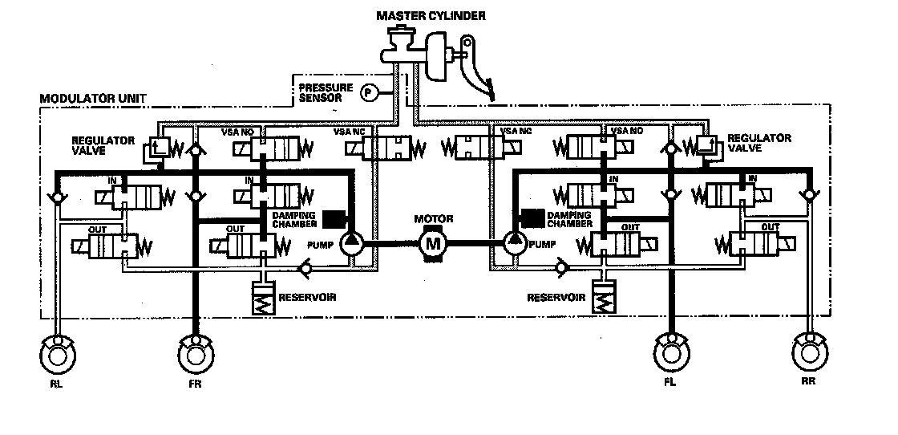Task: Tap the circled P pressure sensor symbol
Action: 369,92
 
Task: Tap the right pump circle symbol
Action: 514,242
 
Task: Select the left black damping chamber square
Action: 334,219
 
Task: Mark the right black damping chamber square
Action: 530,217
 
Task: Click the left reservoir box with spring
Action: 263,299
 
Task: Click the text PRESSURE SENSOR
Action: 321,91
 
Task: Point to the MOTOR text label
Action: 434,218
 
